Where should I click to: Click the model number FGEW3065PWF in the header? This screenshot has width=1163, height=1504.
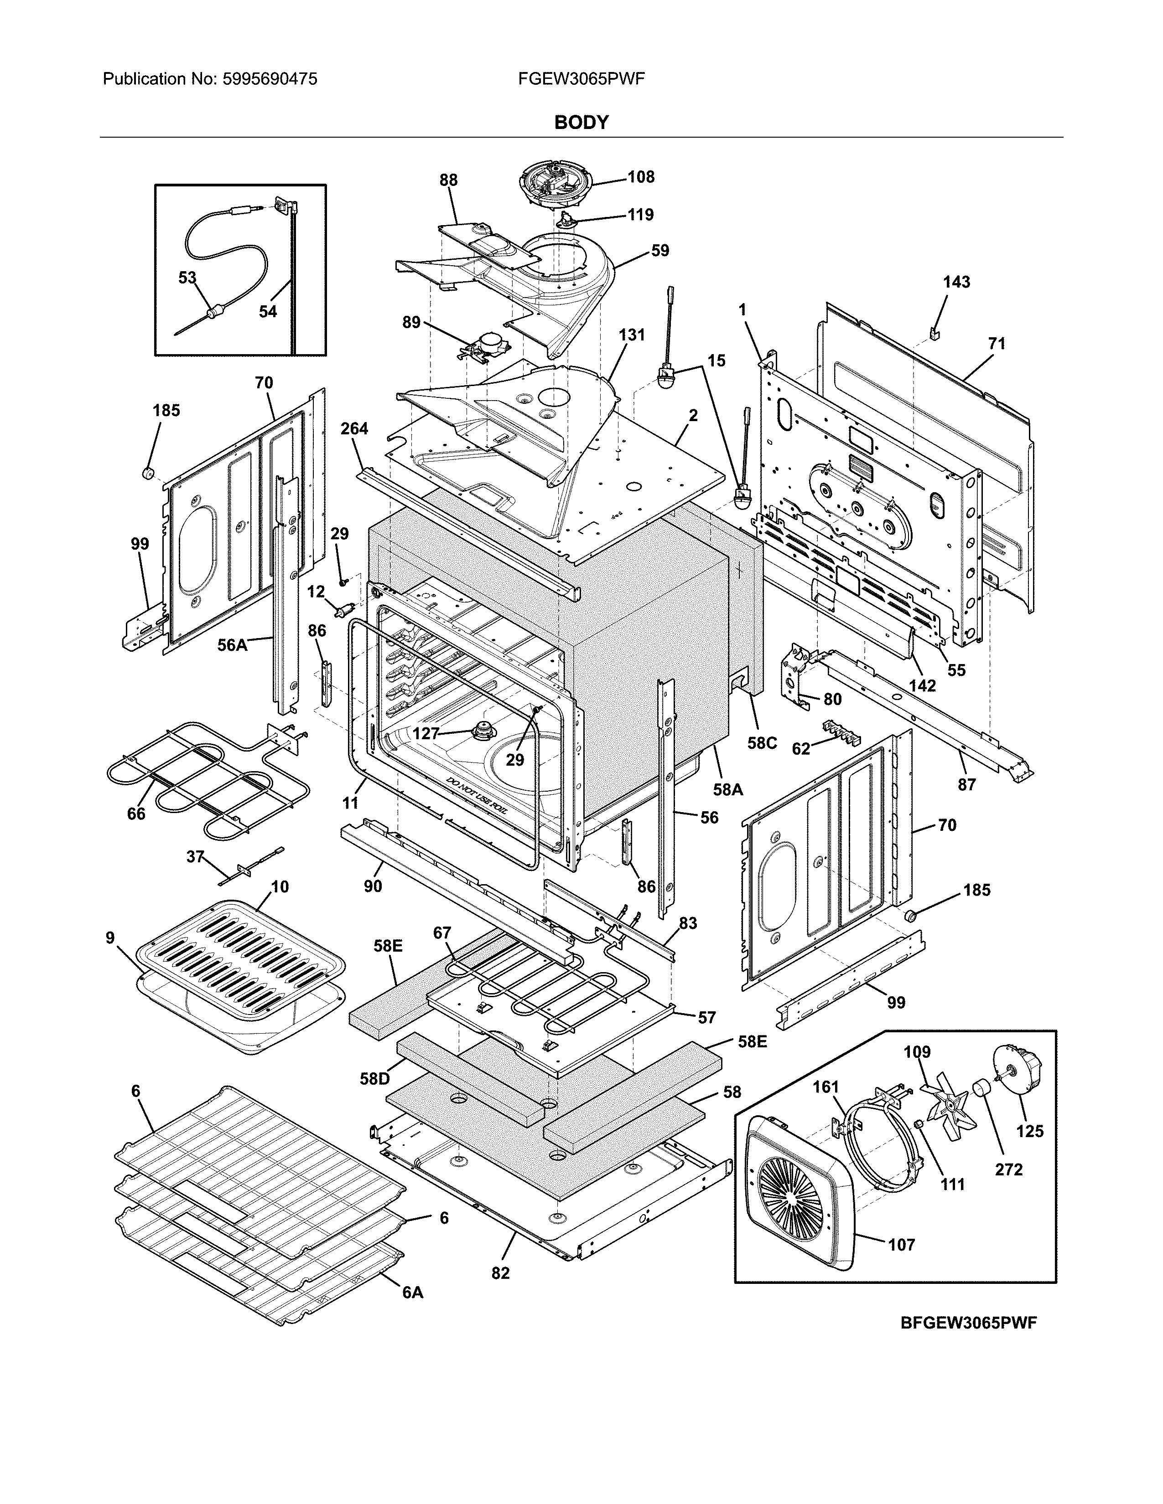(x=581, y=79)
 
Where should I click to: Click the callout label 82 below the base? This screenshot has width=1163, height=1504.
(x=500, y=1273)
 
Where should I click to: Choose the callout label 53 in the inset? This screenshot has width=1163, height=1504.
(x=187, y=278)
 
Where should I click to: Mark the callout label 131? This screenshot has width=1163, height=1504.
(x=631, y=335)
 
